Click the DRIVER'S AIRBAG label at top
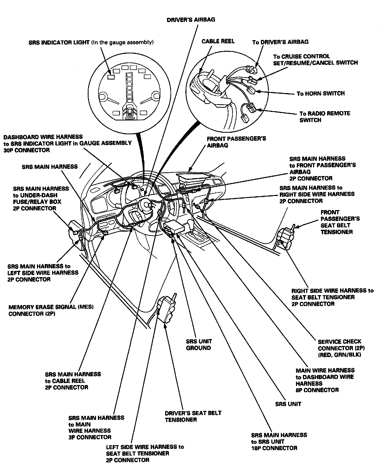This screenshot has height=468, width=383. (191, 20)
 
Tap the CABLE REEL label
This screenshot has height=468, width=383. (218, 41)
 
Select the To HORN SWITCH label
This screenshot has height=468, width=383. (320, 94)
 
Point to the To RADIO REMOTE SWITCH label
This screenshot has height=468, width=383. (324, 117)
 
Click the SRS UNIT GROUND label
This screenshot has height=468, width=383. (199, 344)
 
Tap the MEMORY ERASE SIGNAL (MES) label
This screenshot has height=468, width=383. (51, 310)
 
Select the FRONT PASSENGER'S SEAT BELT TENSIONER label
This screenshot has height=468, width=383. (340, 222)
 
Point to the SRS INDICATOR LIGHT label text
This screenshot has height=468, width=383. (91, 43)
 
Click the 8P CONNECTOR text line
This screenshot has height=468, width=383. (317, 390)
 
